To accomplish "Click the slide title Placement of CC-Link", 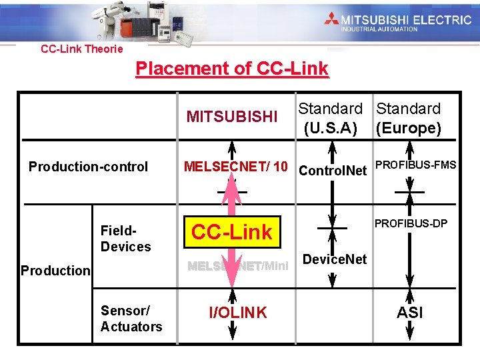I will (x=232, y=69).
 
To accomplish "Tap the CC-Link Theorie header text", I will (x=81, y=49).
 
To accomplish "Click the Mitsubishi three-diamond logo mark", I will (x=331, y=19).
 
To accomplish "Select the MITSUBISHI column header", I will (x=232, y=117).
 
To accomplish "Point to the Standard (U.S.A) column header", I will (x=330, y=117).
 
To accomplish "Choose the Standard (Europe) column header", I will (x=409, y=117).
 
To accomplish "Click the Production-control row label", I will (x=88, y=167).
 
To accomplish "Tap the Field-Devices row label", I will (x=125, y=239).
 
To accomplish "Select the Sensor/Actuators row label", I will (x=131, y=319).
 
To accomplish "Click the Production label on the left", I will (x=55, y=271).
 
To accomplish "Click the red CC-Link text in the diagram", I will (x=232, y=232).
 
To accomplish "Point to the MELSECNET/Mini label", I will (x=238, y=267).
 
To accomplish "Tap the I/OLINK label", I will (x=238, y=312).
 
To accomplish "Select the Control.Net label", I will (x=333, y=171).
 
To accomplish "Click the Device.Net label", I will (x=335, y=259).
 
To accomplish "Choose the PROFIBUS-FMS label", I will (x=416, y=165).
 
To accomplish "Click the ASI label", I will (x=409, y=312).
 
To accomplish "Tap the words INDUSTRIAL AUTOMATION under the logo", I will (x=379, y=29).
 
